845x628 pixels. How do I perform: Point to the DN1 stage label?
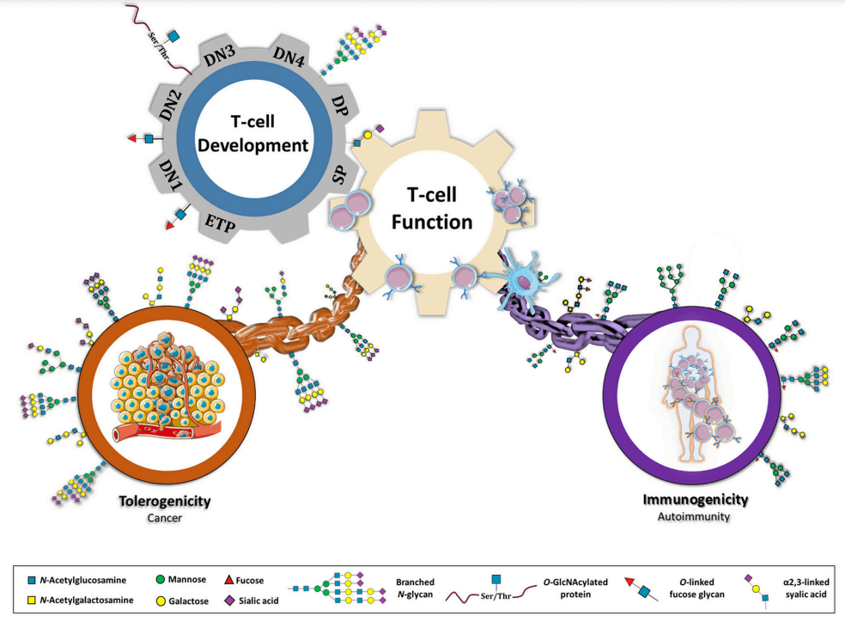click(169, 175)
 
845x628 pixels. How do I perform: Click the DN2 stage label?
click(170, 104)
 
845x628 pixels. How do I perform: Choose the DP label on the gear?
click(339, 104)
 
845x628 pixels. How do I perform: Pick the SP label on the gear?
click(340, 174)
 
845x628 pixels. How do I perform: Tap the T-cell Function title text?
click(432, 210)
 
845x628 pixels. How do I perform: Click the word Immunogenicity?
click(696, 499)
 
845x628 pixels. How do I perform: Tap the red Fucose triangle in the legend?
click(230, 582)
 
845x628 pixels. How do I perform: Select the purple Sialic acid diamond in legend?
click(230, 601)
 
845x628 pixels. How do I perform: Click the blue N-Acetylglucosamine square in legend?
click(31, 582)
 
